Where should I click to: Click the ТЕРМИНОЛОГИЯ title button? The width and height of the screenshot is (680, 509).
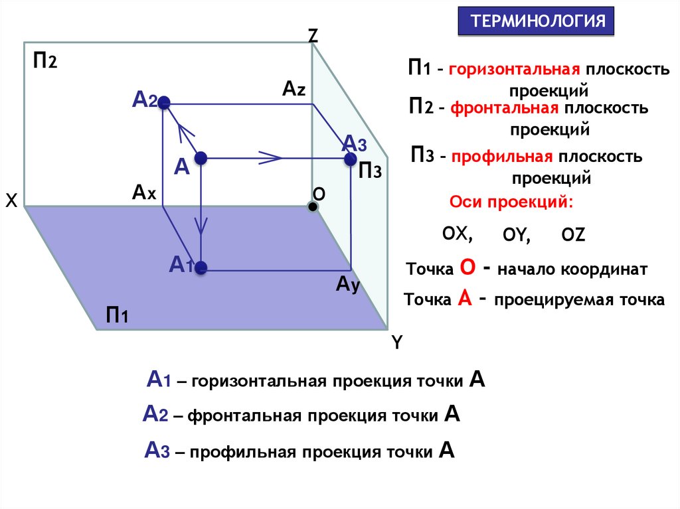click(x=538, y=21)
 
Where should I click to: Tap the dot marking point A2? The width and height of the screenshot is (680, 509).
click(x=165, y=103)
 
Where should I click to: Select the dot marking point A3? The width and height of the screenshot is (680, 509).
click(x=350, y=159)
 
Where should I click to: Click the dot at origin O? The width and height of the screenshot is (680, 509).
click(x=312, y=207)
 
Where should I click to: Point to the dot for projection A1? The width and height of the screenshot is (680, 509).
click(x=201, y=269)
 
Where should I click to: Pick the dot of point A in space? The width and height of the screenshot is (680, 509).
click(x=201, y=158)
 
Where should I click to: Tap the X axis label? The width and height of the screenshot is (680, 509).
click(x=11, y=201)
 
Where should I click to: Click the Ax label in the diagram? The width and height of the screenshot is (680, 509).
click(x=143, y=192)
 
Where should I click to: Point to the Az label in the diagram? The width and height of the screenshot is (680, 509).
click(x=294, y=88)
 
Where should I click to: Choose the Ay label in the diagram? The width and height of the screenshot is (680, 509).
click(x=347, y=285)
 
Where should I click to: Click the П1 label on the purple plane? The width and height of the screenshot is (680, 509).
click(x=117, y=314)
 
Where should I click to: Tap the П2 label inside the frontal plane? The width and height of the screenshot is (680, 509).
click(x=45, y=62)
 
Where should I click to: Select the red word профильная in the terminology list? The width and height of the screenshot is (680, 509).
click(x=503, y=157)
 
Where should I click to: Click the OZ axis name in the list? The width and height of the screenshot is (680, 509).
click(x=572, y=234)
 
